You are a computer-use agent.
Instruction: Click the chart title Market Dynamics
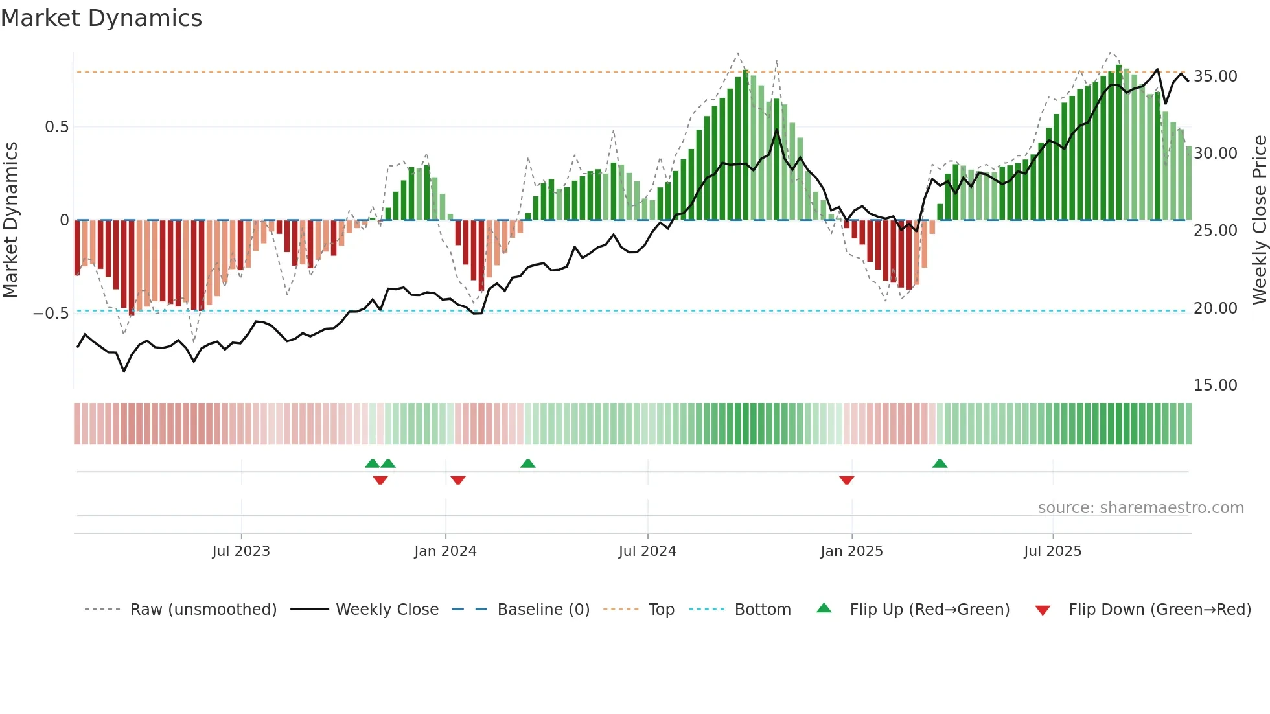[101, 18]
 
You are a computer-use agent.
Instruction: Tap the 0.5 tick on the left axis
[56, 127]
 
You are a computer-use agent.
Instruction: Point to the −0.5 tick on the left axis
[51, 314]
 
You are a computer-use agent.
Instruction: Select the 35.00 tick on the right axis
[1215, 76]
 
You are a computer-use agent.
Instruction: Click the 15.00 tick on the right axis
[1215, 386]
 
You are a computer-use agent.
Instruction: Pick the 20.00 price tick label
[1215, 308]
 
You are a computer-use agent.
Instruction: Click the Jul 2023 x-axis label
[241, 551]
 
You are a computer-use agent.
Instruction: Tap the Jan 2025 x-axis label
[851, 551]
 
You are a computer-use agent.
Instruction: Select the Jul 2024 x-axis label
[647, 551]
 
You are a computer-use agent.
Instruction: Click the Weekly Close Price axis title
[1259, 220]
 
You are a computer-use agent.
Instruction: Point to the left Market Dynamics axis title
[10, 220]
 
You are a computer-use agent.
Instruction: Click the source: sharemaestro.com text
[1140, 508]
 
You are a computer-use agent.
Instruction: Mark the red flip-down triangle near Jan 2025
[846, 480]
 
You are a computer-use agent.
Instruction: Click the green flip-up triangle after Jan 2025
[940, 463]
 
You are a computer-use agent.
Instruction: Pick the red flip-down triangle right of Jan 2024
[458, 480]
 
